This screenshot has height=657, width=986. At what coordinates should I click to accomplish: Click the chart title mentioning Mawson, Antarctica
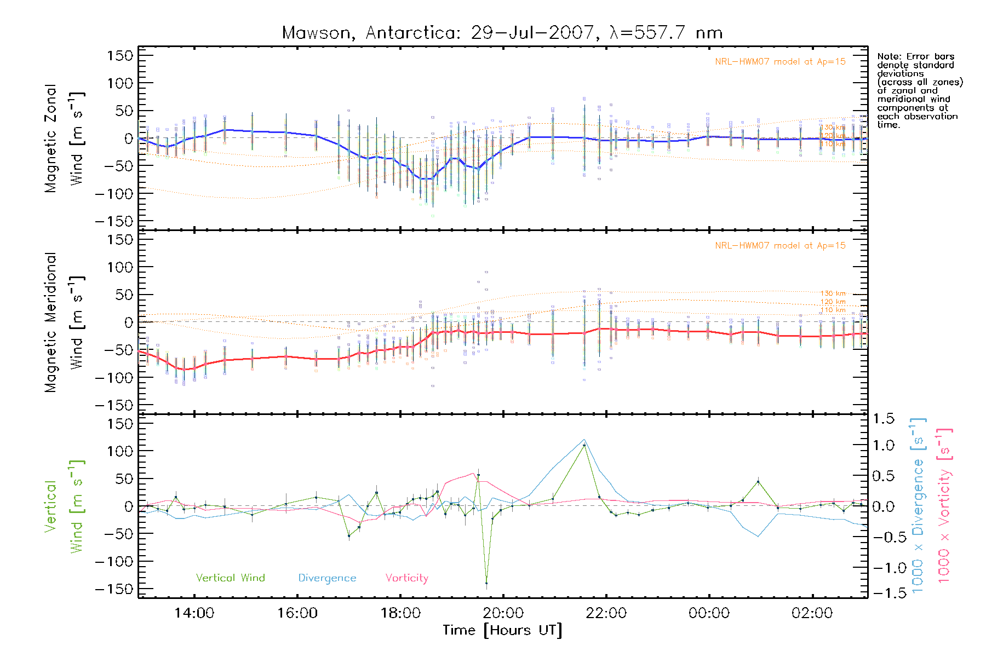click(x=502, y=33)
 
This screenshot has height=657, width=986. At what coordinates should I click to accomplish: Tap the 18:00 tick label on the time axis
click(x=400, y=613)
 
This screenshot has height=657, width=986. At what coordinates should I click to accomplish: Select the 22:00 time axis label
click(x=606, y=613)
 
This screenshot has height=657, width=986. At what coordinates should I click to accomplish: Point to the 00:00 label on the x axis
click(x=709, y=613)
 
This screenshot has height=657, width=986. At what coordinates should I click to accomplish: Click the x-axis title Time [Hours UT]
click(x=502, y=630)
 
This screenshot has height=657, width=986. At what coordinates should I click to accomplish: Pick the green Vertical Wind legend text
click(x=230, y=578)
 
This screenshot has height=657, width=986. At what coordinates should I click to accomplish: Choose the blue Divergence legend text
click(x=327, y=578)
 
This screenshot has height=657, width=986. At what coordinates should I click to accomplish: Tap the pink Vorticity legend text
click(x=406, y=578)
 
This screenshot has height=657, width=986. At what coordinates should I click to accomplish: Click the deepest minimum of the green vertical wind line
click(x=486, y=583)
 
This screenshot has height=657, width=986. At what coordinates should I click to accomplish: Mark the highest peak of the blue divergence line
click(x=584, y=439)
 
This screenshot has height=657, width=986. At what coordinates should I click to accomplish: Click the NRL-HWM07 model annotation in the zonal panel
click(x=780, y=61)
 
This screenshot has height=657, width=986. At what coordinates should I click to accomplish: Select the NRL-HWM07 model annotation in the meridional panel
click(x=780, y=245)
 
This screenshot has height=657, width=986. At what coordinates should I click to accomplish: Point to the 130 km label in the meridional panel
click(x=833, y=293)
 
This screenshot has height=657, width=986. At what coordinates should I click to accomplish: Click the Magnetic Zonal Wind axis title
click(x=65, y=139)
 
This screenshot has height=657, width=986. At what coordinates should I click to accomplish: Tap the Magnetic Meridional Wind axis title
click(x=65, y=322)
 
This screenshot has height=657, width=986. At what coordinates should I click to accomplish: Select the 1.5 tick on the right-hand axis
click(x=883, y=419)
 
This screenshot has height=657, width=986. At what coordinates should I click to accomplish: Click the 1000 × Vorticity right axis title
click(x=944, y=505)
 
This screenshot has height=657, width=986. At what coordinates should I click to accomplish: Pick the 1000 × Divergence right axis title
click(x=918, y=505)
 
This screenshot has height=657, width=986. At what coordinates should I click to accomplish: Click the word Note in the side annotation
click(x=888, y=56)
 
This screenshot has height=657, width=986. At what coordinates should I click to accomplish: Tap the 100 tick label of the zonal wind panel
click(x=121, y=83)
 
